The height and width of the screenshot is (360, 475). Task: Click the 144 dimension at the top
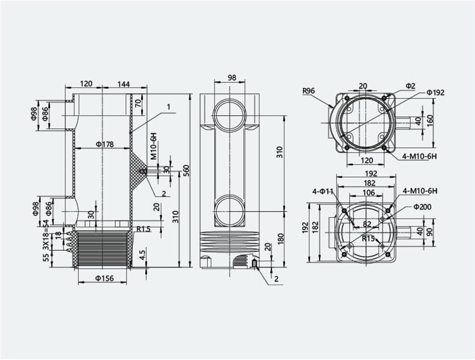[123, 84]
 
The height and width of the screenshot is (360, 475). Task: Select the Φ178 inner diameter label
[105, 144]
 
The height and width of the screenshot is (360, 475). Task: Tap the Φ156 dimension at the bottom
[105, 278]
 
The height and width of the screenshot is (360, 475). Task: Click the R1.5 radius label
[143, 229]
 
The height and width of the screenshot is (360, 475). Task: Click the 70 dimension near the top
[138, 104]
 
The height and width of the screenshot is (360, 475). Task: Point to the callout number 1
[169, 107]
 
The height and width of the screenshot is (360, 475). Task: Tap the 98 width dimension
[232, 78]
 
